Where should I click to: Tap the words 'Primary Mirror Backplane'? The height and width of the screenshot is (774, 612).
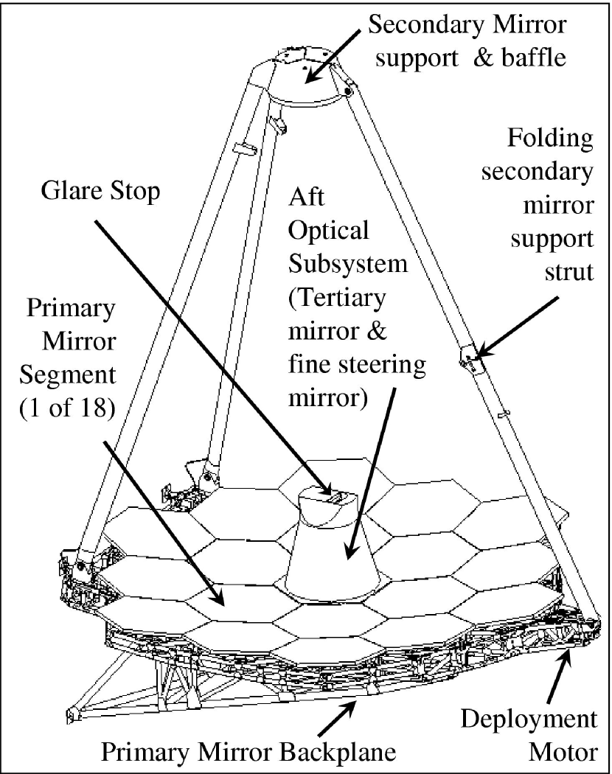[x=248, y=752]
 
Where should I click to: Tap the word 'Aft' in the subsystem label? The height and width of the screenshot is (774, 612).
[x=304, y=198]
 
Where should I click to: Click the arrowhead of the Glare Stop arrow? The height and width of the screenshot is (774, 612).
[x=328, y=489]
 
